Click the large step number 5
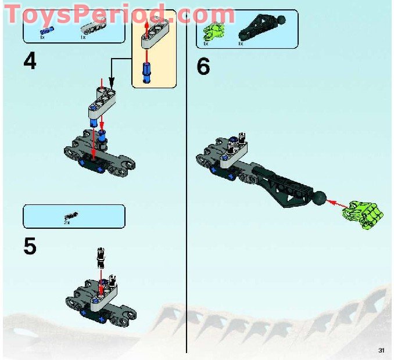[30, 246]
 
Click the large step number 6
[203, 66]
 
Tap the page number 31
[381, 350]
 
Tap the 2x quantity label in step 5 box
[67, 222]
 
